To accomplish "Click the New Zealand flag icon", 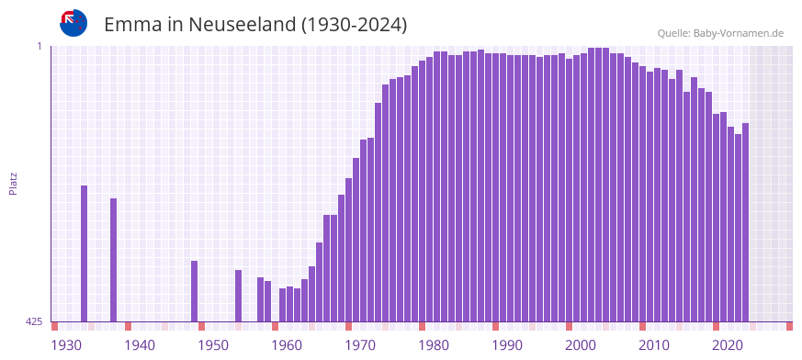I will coord(73,23).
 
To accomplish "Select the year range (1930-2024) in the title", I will coord(355,25).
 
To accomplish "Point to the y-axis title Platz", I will coord(13,183).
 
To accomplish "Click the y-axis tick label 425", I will coord(34,321).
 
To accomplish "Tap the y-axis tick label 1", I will coord(40,46).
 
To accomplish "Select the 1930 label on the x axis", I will coord(66,345).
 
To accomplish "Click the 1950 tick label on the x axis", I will coord(213,345).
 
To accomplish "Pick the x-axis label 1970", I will coord(360,345).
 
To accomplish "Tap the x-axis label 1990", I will coord(507,345).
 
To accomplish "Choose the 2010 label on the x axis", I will coord(654,345).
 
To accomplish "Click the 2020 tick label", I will coord(728,345).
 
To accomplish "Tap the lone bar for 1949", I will coord(195,291).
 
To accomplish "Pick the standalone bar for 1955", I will coord(239,296).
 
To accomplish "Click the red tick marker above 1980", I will coord(423,326).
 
